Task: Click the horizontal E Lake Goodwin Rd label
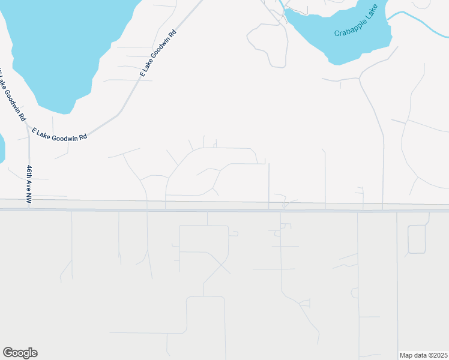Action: point(59,133)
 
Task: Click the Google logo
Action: point(20,353)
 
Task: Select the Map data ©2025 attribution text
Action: point(423,355)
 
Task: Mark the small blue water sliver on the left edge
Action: point(1,147)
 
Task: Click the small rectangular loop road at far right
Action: point(417,239)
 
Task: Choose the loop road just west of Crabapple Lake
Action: point(267,45)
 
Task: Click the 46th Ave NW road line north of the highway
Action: point(28,150)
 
